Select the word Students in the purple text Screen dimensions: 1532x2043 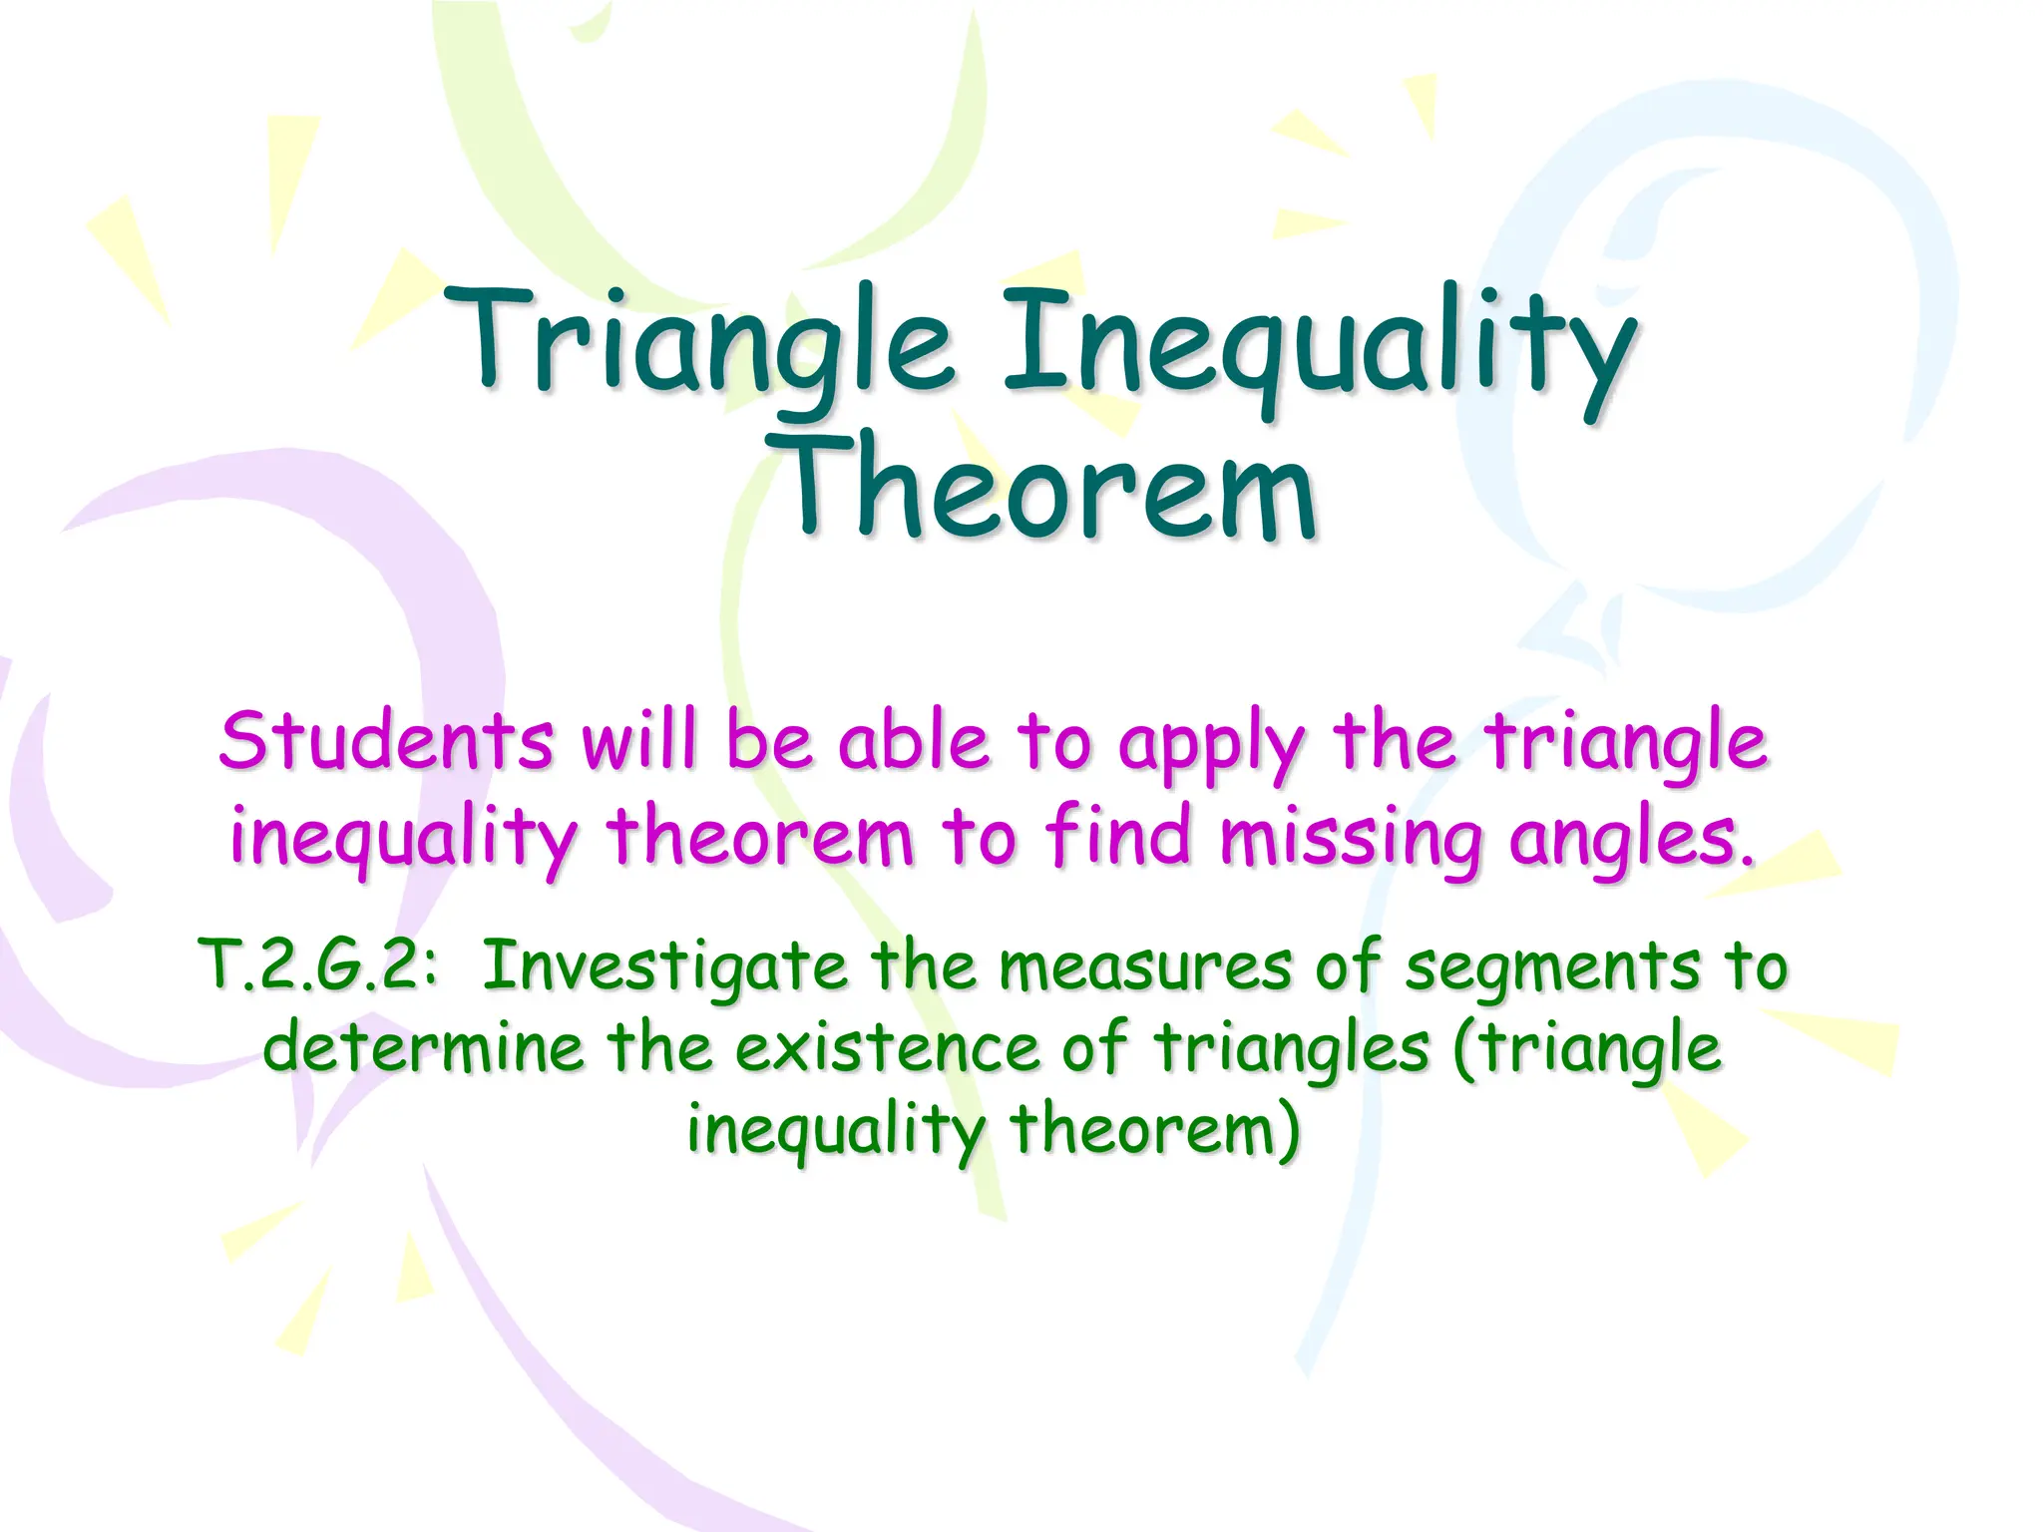(x=385, y=742)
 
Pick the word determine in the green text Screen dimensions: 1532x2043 (x=423, y=1047)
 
